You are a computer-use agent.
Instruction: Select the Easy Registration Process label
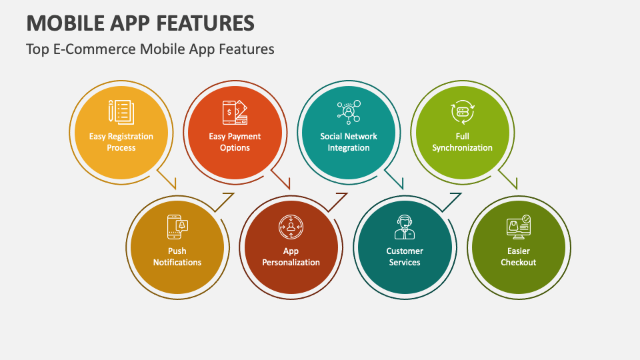(121, 142)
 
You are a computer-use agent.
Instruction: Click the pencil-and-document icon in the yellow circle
(121, 112)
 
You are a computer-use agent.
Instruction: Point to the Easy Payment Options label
(235, 142)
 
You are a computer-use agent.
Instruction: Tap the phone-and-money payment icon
(235, 112)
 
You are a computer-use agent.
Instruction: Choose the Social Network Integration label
(349, 142)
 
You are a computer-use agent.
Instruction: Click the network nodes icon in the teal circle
(349, 112)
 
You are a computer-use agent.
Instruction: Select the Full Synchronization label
(462, 142)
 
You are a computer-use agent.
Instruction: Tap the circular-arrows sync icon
(463, 112)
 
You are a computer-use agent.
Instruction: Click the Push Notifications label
(177, 257)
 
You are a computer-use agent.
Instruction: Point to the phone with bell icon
(177, 227)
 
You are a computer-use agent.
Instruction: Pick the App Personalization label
(291, 257)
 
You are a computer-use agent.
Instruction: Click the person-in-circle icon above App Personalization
(291, 227)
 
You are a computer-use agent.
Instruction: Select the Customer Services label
(405, 257)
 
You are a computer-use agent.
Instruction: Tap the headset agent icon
(405, 227)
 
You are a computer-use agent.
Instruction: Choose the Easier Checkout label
(519, 257)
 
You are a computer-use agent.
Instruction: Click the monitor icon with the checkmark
(519, 227)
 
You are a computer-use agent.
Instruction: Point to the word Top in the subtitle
(37, 49)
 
